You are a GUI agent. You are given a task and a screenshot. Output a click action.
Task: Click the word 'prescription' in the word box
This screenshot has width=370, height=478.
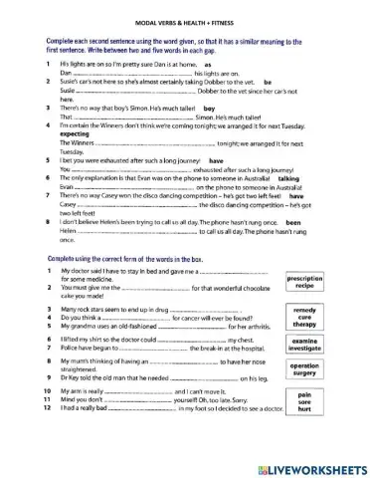(305, 281)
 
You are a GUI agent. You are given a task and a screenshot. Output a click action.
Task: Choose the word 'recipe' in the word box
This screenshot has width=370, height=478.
(305, 290)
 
